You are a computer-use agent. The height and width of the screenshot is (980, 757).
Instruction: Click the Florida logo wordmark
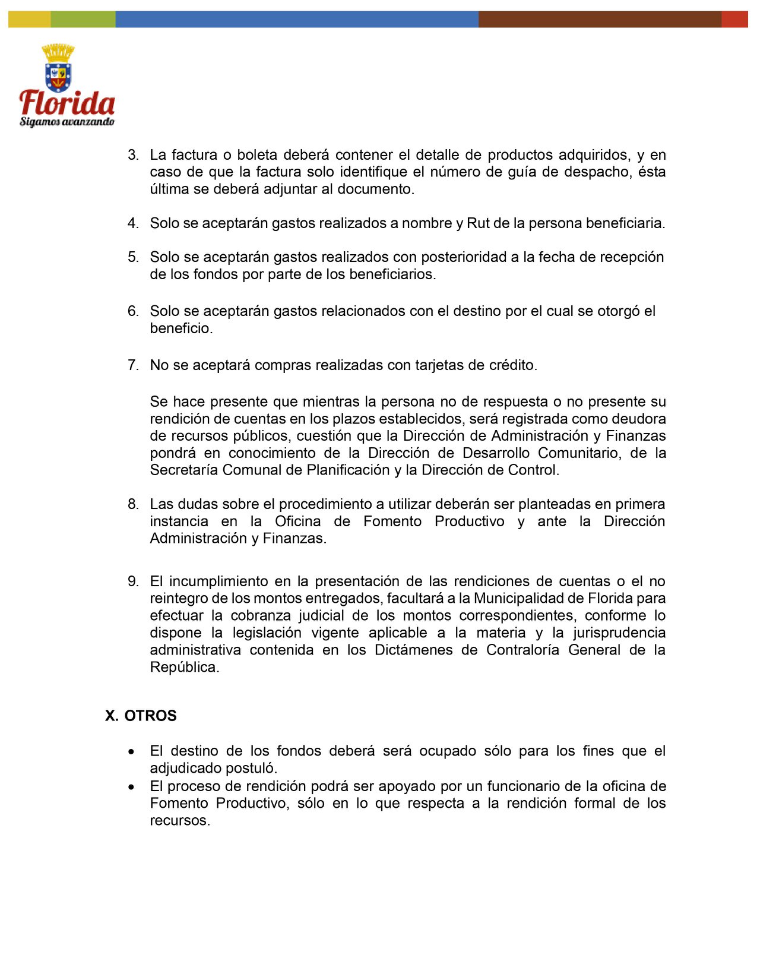coord(67,103)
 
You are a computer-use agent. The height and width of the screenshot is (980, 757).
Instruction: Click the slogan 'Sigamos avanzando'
coord(66,122)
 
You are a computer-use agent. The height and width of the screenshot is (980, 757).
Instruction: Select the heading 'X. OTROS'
coord(141,716)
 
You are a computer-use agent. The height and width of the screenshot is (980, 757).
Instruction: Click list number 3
coord(133,155)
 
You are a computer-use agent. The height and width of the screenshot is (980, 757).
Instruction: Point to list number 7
coord(133,365)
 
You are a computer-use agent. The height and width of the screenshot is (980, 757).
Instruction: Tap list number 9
coord(133,581)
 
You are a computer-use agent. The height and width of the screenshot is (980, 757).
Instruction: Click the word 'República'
coord(184,667)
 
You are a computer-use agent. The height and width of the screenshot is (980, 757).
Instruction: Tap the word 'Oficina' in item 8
coord(297,521)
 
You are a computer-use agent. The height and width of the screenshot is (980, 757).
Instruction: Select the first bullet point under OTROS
coord(131,752)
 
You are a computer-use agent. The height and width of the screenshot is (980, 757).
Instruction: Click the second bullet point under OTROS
coord(131,787)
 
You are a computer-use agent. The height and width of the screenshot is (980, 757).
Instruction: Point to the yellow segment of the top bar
coord(29,19)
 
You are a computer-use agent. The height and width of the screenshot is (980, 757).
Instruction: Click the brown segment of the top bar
coord(600,19)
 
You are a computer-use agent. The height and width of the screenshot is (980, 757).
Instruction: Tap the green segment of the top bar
coord(83,19)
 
